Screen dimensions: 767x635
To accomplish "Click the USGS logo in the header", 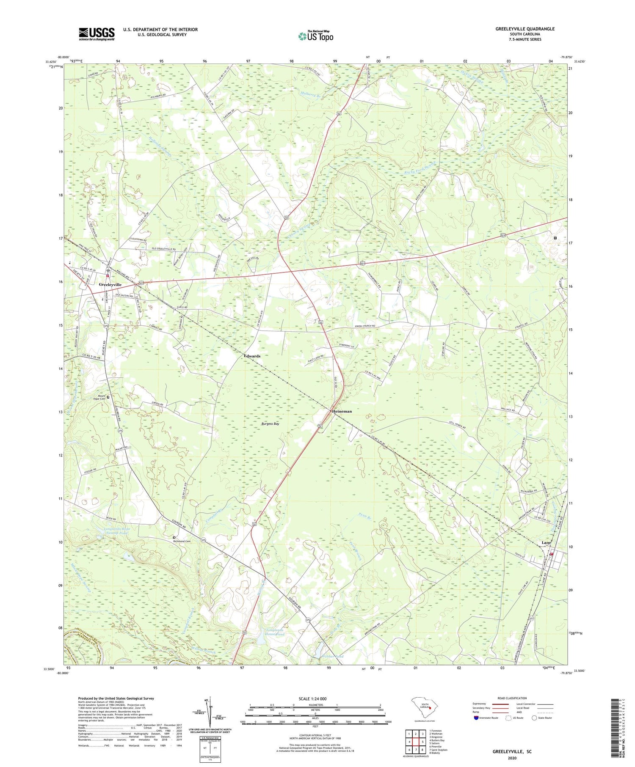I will [97, 34].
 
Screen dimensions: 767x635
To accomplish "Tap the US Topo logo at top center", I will [315, 36].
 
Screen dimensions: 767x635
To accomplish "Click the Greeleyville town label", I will [110, 285].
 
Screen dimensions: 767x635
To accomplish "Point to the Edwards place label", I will [252, 356].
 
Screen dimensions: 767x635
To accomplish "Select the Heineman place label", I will [341, 411].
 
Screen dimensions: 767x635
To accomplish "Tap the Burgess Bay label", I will [270, 423].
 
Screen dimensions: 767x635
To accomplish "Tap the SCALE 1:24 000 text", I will [315, 698].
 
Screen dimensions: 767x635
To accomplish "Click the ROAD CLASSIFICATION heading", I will [512, 698].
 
